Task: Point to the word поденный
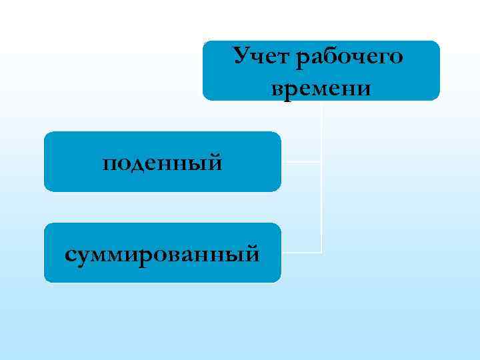(x=162, y=162)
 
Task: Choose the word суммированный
(x=162, y=253)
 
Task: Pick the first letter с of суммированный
(x=70, y=254)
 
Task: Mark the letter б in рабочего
(x=326, y=56)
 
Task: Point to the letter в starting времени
(x=278, y=87)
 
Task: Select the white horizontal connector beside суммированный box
(x=301, y=253)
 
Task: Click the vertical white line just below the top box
(x=321, y=113)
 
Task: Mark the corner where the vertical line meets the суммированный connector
(x=321, y=253)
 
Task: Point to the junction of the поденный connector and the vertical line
(x=321, y=161)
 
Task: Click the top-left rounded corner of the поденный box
(x=47, y=135)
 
